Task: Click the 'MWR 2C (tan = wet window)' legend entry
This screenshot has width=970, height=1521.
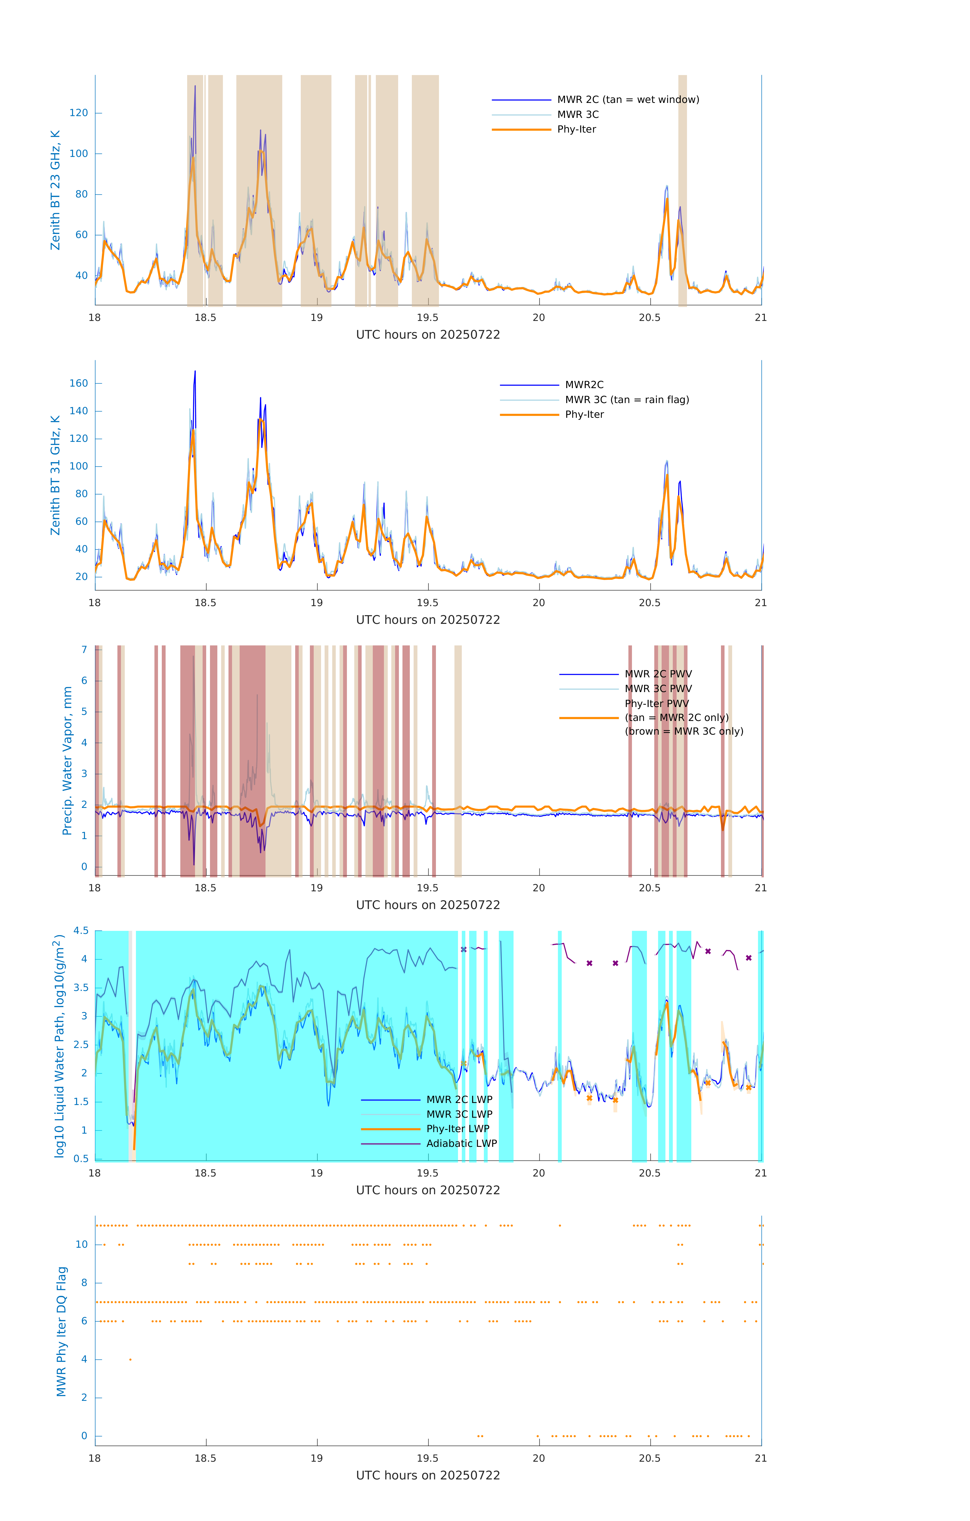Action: coord(627,100)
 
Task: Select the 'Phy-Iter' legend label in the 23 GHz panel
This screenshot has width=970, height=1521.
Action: coord(576,130)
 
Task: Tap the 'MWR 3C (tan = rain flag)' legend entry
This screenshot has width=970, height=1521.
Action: coord(626,400)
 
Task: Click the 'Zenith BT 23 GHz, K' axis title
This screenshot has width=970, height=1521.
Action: coord(56,190)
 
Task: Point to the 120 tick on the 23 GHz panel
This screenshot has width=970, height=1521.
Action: coord(79,113)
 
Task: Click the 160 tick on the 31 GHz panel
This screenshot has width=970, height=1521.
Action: coord(79,383)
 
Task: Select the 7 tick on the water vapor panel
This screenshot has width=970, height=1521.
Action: coord(84,650)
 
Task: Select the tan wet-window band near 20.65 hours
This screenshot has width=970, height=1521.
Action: coord(682,190)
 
